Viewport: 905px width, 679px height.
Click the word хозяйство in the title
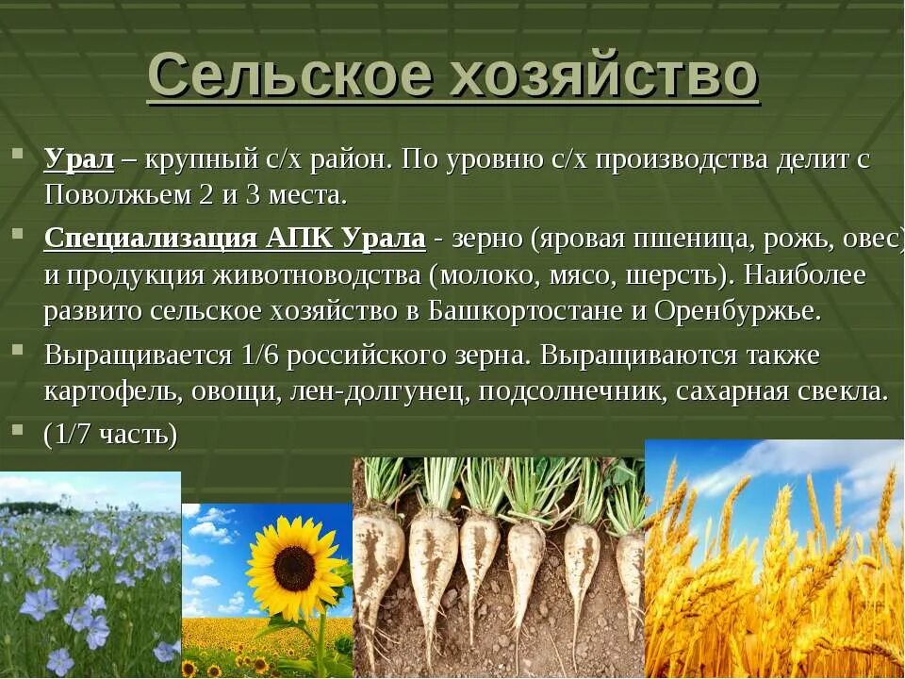pos(603,75)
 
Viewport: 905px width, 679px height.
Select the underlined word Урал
pos(79,159)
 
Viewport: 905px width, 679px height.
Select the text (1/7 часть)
pos(110,434)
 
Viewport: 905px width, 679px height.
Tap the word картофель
pos(110,391)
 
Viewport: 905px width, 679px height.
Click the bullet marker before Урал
pos(18,153)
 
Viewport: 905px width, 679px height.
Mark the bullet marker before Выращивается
pos(18,349)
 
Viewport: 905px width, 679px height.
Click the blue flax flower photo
pos(90,575)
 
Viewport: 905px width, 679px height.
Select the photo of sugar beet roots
pos(498,566)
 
